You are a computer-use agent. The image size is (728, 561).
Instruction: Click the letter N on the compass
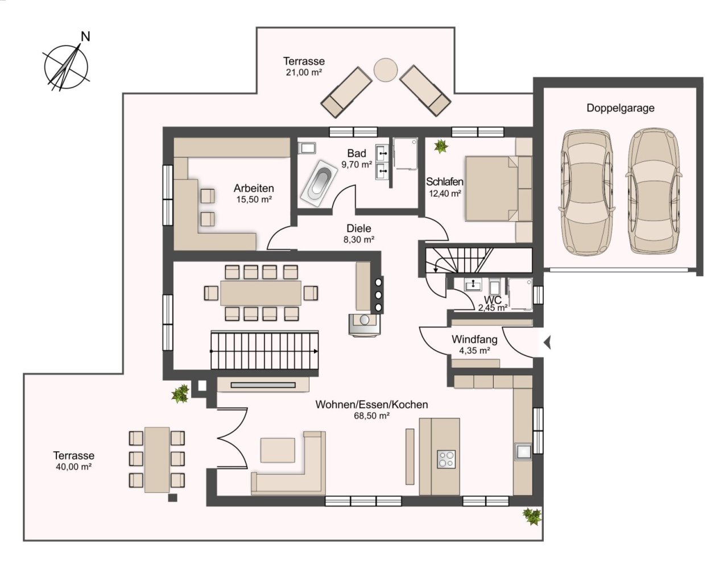86,36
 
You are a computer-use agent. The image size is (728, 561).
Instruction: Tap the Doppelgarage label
621,108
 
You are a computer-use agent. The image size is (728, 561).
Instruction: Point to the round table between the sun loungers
386,69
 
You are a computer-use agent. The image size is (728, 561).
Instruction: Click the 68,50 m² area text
371,416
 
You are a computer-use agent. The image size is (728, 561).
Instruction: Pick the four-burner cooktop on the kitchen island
446,459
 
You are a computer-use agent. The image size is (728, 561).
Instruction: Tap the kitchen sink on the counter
523,451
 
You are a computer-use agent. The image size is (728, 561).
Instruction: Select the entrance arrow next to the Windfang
547,343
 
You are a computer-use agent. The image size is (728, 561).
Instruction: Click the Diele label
359,228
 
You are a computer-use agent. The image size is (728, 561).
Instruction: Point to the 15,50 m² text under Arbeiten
254,200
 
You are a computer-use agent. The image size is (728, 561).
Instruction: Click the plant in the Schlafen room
441,146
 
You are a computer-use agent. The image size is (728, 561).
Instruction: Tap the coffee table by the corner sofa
278,450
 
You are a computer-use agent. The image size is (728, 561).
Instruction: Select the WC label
493,300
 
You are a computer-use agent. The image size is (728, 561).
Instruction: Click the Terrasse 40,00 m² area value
74,467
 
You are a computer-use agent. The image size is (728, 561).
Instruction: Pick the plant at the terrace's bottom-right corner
532,517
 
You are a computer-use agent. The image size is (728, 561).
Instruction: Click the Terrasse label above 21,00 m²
304,61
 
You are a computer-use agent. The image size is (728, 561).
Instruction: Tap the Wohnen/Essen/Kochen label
371,405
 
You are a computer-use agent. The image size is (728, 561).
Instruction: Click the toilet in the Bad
307,148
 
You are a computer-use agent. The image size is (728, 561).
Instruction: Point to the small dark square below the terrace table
172,498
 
